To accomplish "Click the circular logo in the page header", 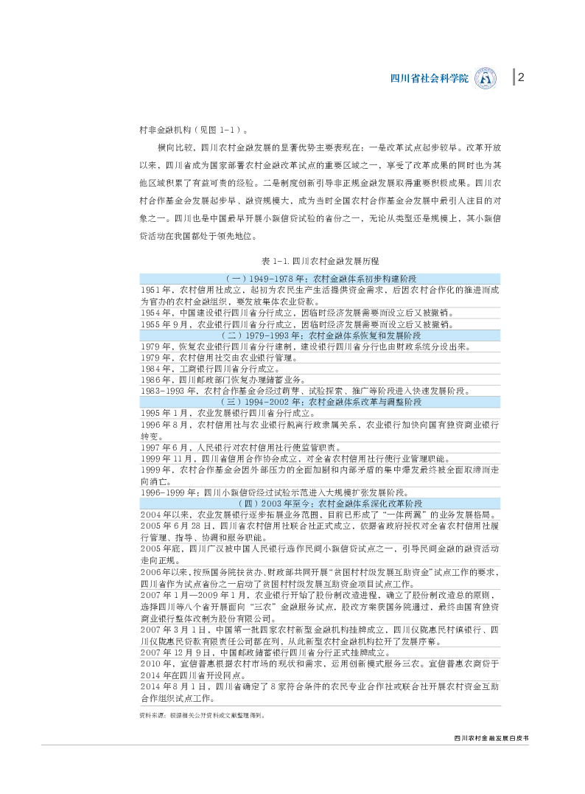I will tap(486, 77).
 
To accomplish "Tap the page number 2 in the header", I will tap(521, 77).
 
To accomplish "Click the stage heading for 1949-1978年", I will tap(320, 278).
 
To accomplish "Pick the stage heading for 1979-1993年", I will tap(320, 335).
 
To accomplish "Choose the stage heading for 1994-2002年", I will tap(320, 402).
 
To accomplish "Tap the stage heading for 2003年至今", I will tap(320, 502).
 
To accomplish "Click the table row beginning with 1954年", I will tap(298, 313).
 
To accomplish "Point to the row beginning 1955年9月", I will tap(298, 324).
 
